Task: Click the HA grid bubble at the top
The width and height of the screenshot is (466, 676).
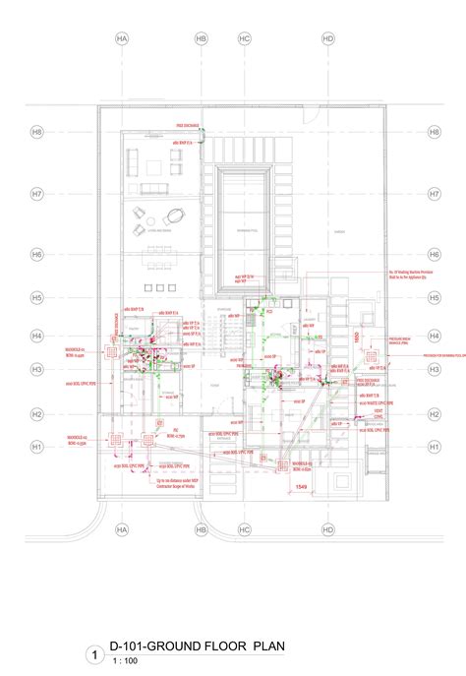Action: pos(122,38)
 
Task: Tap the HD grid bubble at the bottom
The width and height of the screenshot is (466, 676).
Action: pos(327,530)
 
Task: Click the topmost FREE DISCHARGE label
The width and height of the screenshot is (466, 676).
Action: pos(188,126)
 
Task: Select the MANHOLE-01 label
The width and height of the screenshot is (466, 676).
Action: pos(78,349)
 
